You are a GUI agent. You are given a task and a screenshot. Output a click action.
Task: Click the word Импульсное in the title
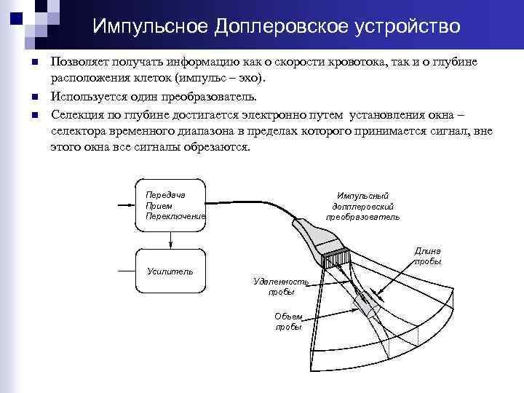(149, 27)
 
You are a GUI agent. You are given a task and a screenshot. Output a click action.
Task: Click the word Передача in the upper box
(165, 195)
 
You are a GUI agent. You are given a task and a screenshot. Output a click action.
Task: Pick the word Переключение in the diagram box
(175, 216)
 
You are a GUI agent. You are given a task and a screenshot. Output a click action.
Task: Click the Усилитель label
(170, 271)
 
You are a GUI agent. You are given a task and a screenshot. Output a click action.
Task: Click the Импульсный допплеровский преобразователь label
(362, 206)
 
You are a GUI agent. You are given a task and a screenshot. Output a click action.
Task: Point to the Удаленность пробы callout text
(280, 286)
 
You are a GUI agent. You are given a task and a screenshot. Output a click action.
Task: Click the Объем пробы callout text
(288, 322)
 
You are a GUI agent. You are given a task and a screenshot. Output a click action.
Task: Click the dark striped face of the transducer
(337, 259)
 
